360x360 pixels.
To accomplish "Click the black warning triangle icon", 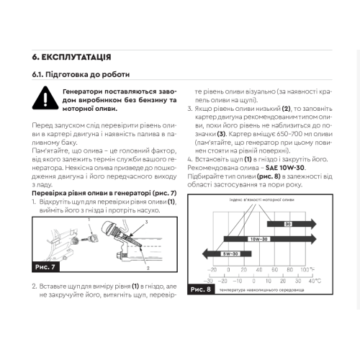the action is [x=45, y=99].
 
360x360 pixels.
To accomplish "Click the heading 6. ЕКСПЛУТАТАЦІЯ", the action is [x=71, y=58].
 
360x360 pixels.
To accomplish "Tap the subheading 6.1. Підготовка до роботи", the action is [x=81, y=74].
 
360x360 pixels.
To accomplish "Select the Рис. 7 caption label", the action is [x=45, y=267].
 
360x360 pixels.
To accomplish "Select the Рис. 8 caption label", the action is [x=201, y=289].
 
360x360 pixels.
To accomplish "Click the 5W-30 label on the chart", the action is [x=230, y=254].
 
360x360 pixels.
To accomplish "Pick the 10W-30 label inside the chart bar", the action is [x=258, y=239].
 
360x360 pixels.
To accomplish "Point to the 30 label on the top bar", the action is [x=288, y=224].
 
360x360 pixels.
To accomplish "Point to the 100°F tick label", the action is [x=307, y=269].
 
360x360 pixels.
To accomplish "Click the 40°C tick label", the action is [x=315, y=281].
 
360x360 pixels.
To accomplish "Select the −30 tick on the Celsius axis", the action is [x=208, y=281].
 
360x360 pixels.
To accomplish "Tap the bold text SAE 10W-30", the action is [x=285, y=168].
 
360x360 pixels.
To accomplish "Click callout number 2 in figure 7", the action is [x=148, y=268].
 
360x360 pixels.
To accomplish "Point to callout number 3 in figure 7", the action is [x=146, y=222].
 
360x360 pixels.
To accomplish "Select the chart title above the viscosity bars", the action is [x=262, y=199].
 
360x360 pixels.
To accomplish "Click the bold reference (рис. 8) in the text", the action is [x=269, y=176].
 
